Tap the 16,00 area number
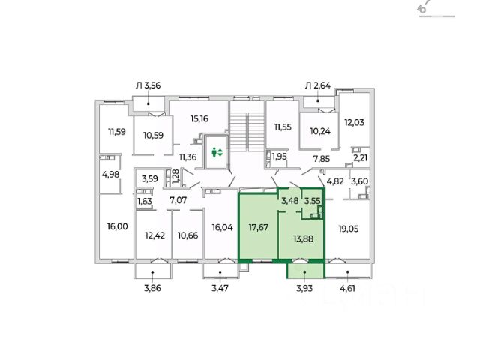pyautogui.click(x=115, y=226)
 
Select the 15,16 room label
pyautogui.click(x=199, y=118)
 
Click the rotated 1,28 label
pyautogui.click(x=175, y=178)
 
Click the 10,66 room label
pyautogui.click(x=188, y=235)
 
